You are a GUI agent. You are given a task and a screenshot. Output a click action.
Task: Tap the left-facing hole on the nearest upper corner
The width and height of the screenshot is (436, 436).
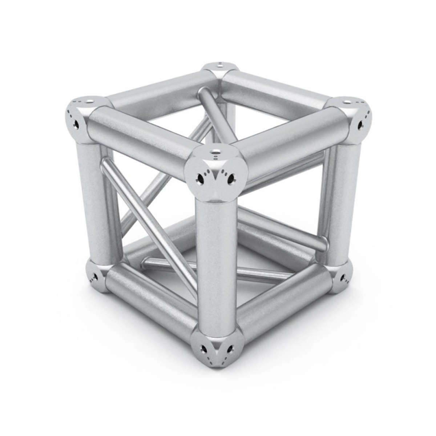click(200, 178)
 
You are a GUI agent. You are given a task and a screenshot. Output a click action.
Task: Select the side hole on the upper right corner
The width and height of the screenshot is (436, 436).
click(360, 125)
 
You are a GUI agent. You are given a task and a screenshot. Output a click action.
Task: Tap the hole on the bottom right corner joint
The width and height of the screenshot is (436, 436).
click(343, 279)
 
